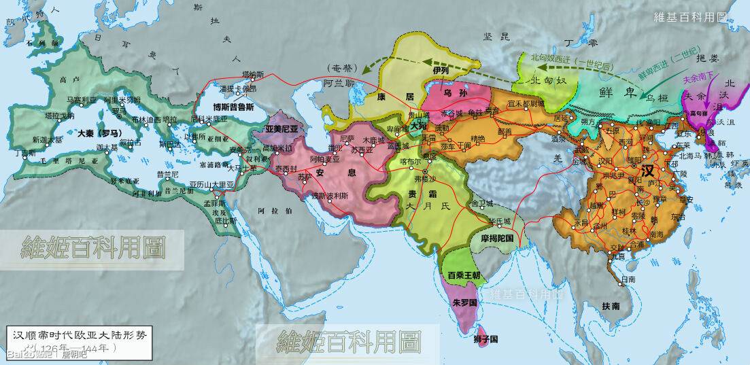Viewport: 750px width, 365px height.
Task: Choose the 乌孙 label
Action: tap(451, 93)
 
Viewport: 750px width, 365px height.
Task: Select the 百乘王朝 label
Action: tap(464, 275)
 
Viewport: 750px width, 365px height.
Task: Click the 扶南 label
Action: tap(611, 307)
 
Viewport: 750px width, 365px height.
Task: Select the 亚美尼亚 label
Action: tap(282, 128)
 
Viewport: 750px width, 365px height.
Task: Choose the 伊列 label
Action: tap(441, 70)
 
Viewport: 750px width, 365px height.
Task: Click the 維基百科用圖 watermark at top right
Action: tap(700, 17)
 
